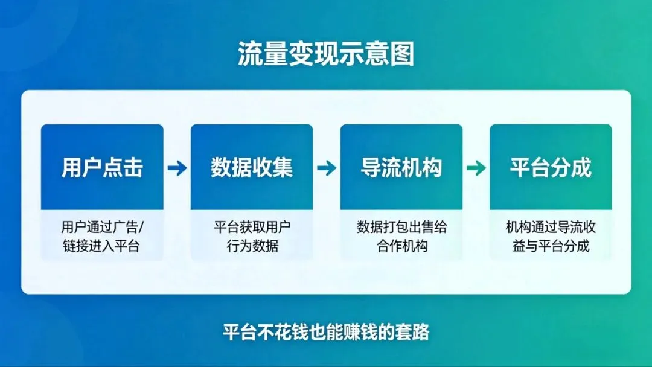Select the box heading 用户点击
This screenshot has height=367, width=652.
coord(102,168)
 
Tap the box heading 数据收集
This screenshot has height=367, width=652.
coord(252,168)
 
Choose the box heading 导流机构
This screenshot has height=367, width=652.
coord(401,168)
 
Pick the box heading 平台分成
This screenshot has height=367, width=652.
coord(551,168)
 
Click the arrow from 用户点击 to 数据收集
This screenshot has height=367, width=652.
coord(177,168)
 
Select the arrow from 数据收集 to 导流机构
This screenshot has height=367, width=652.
coord(327,168)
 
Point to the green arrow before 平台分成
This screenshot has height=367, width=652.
coord(476,168)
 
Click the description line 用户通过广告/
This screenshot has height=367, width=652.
coord(103,228)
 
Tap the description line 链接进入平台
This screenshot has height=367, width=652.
coord(101,246)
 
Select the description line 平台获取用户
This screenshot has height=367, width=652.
coord(252,228)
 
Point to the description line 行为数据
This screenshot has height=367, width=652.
coord(252,246)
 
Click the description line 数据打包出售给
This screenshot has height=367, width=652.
coord(401,228)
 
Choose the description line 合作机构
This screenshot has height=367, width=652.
coord(401,246)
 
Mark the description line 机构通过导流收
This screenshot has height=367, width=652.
coord(551,228)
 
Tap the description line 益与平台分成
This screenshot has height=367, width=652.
coord(551,246)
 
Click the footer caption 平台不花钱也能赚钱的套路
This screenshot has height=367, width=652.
coord(326,332)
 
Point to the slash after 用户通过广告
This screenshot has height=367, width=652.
coord(142,228)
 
